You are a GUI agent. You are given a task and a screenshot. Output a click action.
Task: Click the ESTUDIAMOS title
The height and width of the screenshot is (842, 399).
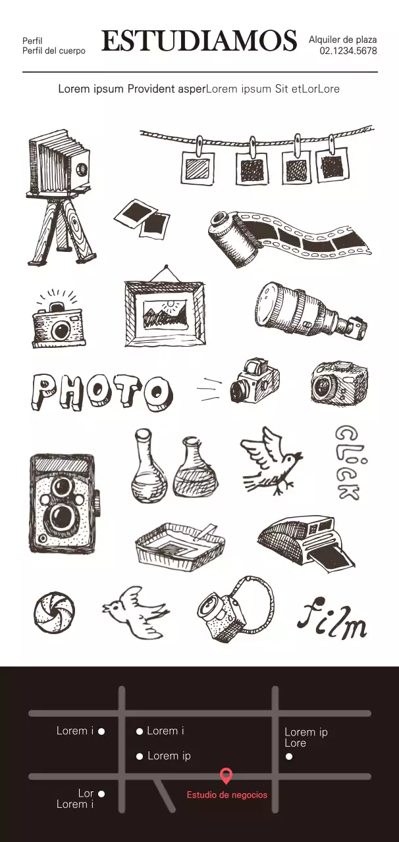[x=199, y=41]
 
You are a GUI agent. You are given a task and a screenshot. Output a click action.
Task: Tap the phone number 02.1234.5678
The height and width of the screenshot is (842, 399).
[x=348, y=51]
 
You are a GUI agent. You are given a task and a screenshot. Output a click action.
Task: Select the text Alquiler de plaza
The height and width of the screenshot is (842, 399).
[x=342, y=39]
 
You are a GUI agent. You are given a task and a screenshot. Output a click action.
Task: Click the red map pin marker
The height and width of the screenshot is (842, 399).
[x=226, y=776]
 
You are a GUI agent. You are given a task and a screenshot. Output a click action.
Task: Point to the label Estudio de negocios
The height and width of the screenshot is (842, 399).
[x=226, y=795]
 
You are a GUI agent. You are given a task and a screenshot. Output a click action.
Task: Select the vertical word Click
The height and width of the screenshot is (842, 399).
[x=347, y=462]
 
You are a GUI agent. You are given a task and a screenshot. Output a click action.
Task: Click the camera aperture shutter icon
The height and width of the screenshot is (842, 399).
[x=54, y=612]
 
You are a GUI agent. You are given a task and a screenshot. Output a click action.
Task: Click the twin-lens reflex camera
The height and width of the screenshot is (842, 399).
[x=63, y=503]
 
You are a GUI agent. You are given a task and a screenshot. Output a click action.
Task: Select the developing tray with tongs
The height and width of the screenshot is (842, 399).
[x=179, y=543]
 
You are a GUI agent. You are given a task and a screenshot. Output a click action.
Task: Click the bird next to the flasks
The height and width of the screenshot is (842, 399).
[x=270, y=460]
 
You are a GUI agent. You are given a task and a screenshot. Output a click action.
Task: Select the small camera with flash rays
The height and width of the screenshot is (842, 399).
[x=59, y=320]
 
